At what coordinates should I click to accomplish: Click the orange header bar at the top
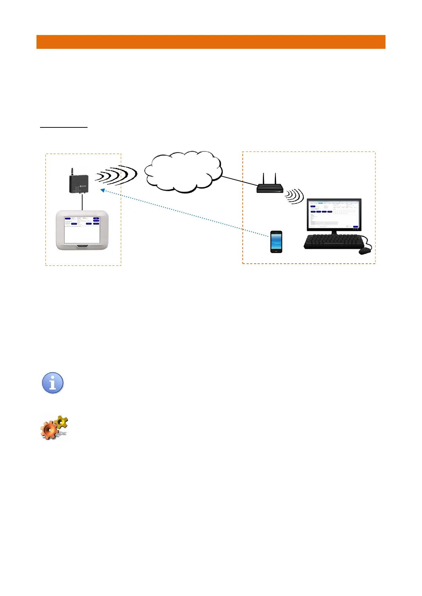coord(211,42)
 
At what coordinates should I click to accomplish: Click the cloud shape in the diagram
coord(183,172)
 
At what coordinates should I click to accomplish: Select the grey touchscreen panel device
coord(82,230)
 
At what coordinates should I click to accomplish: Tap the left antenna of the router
coord(263,178)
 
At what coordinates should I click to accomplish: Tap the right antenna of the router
coord(275,178)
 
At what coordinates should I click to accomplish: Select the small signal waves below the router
coord(296,196)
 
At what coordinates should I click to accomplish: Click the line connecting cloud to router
coord(240,181)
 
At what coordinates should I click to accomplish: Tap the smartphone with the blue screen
coord(276,242)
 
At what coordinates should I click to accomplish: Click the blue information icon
coord(53,383)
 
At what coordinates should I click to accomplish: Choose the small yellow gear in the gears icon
coord(62,422)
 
